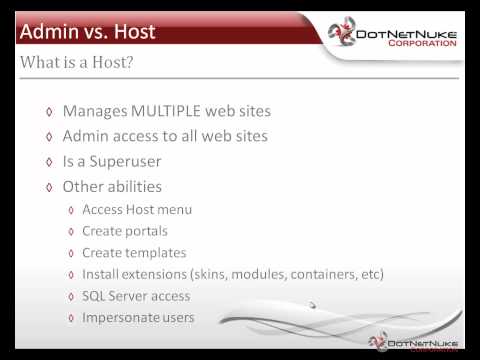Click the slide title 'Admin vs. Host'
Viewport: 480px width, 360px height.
coord(88,32)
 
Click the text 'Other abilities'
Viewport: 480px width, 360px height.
coord(112,186)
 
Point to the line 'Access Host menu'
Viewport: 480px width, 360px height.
coord(136,209)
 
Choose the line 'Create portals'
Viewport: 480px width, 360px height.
coord(124,231)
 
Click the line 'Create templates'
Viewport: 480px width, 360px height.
coord(134,253)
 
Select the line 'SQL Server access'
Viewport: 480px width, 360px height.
coord(136,296)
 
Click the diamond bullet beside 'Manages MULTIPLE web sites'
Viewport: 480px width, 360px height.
coord(49,112)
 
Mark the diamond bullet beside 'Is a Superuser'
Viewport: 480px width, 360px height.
coord(49,162)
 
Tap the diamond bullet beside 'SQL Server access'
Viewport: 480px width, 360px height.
coord(71,297)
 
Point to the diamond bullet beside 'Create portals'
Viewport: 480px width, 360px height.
coord(71,232)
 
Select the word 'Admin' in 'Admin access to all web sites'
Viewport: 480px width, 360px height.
coord(87,136)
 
